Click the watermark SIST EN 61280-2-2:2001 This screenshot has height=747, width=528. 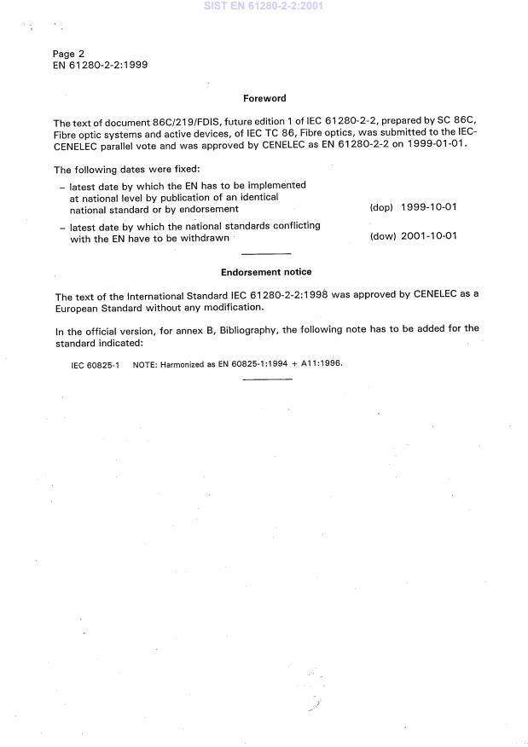point(264,7)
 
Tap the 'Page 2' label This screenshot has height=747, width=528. point(68,53)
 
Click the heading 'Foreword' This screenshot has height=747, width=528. point(264,98)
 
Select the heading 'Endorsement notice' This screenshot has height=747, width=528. point(266,272)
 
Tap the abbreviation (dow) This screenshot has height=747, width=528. point(382,236)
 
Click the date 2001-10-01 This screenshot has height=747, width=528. point(429,236)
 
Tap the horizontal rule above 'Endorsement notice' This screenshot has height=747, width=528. point(266,254)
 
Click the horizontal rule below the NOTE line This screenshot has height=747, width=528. point(267,379)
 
